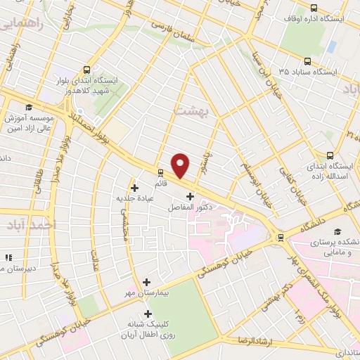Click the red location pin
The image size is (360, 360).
[x=181, y=165]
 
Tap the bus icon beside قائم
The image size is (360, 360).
[x=160, y=172]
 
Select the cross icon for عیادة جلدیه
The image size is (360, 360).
[x=134, y=188]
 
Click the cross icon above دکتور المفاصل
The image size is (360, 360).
[x=189, y=196]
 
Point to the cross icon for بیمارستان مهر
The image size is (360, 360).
[x=146, y=281]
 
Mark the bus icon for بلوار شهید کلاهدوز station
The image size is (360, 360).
[x=86, y=70]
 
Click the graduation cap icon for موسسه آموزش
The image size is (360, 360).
[x=29, y=108]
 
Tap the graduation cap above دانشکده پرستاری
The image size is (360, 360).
[x=337, y=231]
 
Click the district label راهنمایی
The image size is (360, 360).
[x=20, y=27]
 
